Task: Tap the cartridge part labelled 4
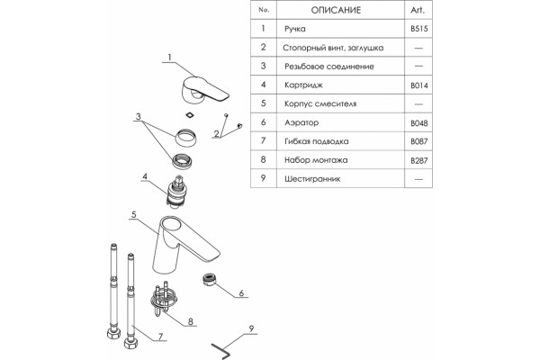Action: [176, 192]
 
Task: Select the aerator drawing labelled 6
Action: [209, 279]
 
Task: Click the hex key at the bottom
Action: [220, 351]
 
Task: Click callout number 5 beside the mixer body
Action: [133, 214]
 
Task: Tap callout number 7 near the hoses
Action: [160, 337]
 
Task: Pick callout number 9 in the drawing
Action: [251, 328]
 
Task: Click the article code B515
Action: [419, 29]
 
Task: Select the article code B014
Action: [419, 85]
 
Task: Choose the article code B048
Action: [419, 123]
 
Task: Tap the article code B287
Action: [419, 160]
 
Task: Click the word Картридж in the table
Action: [303, 85]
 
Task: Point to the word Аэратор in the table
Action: [301, 122]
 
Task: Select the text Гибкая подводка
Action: [316, 141]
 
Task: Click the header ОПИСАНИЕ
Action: [336, 10]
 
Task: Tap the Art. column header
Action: [418, 10]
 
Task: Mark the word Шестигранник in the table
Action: [312, 179]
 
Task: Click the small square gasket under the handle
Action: [189, 114]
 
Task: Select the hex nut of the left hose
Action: [113, 333]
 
